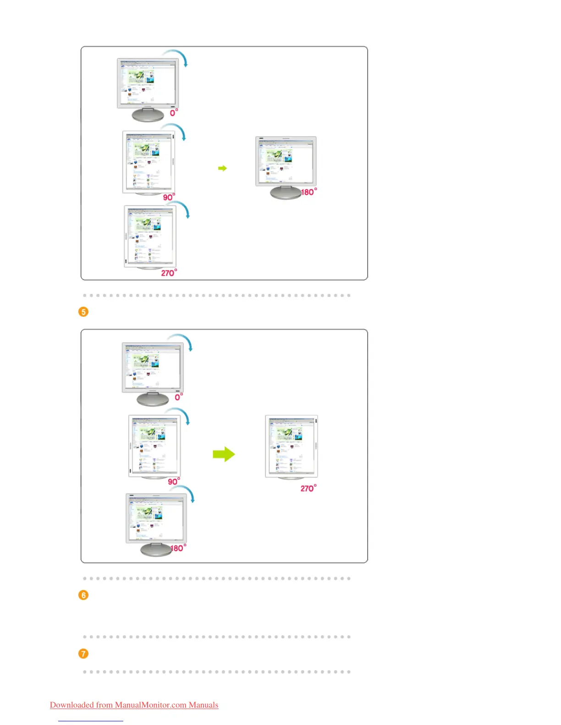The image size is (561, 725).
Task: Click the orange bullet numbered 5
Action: [x=83, y=312]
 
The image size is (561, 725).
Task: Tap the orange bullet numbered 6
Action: [x=83, y=595]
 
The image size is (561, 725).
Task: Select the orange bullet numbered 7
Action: [x=83, y=654]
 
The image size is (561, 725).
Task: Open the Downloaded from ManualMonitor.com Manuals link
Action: [x=134, y=705]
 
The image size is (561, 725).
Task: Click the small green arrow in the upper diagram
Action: [x=222, y=168]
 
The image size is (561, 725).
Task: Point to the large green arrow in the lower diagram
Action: [x=224, y=454]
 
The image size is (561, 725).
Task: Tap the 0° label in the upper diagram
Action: [x=174, y=112]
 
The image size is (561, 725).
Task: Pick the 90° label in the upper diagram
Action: [x=169, y=197]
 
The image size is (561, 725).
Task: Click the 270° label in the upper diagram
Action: [x=169, y=273]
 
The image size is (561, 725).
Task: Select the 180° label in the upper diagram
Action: [x=308, y=192]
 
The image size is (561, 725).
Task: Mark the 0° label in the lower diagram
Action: [x=179, y=397]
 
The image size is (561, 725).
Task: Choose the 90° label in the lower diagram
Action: [x=174, y=482]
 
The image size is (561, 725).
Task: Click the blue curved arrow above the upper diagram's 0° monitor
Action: [x=178, y=56]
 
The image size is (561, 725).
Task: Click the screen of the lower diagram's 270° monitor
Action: [x=291, y=446]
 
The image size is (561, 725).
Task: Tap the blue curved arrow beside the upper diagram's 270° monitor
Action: [x=182, y=209]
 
